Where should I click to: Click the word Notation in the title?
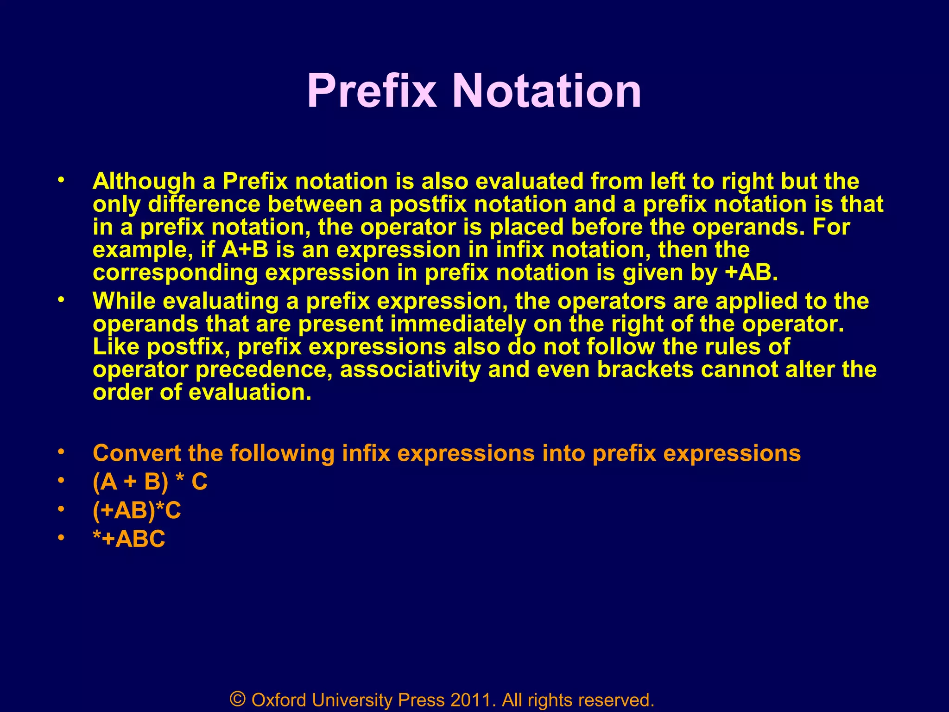(547, 91)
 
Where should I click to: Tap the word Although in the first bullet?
(144, 181)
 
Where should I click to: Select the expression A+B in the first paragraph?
(245, 250)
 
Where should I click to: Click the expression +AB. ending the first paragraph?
(751, 273)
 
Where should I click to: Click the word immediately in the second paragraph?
(458, 324)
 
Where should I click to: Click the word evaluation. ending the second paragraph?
(250, 392)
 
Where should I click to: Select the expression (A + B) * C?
(150, 482)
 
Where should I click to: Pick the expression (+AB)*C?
(137, 510)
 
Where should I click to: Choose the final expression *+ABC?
(129, 539)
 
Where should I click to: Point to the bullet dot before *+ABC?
(60, 538)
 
